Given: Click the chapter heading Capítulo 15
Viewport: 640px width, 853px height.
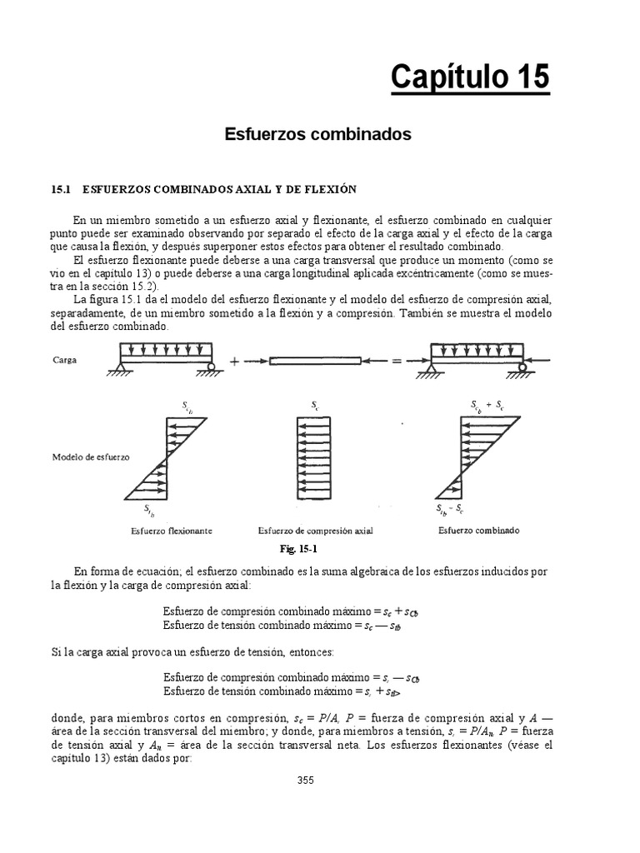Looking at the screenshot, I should (470, 77).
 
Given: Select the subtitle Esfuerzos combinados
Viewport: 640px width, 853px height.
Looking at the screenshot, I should (318, 134).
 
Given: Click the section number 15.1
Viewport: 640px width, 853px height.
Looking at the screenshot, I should (62, 190).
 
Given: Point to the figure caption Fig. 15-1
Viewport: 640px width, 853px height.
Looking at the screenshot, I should (299, 550).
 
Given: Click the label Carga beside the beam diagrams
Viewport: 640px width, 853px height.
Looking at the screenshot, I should (66, 362).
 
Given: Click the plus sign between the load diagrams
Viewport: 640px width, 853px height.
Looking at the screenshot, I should (234, 362).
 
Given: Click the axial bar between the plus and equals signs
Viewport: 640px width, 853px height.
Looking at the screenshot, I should (316, 362).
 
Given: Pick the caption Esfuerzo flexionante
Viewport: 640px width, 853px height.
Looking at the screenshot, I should (171, 530).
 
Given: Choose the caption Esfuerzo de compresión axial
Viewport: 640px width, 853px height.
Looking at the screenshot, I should (315, 530).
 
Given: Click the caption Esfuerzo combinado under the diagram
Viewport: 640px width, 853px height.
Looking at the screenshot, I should (479, 530).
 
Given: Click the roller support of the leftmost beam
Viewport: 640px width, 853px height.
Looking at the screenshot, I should (212, 366).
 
